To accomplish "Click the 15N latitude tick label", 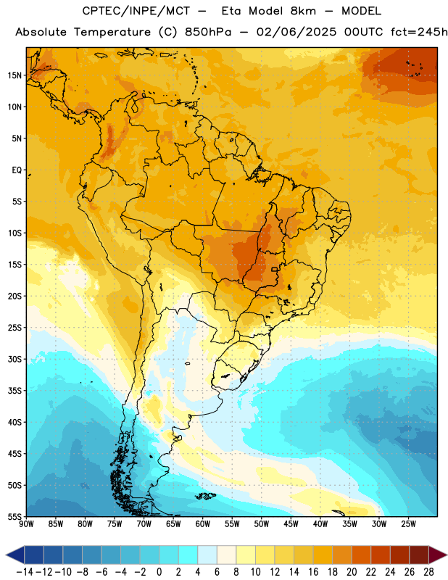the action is click(x=14, y=75).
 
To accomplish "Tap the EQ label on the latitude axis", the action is click(x=17, y=170).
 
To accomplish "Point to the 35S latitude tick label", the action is click(x=14, y=391).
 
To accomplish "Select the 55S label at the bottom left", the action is click(x=14, y=516).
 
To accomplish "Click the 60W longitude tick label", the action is click(x=203, y=524).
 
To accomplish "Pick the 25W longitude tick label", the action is click(x=408, y=524).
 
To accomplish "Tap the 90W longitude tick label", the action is click(x=26, y=524).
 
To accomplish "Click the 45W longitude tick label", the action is click(x=291, y=524).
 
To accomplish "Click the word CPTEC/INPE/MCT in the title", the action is click(x=136, y=11).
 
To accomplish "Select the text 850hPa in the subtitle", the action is click(x=208, y=32).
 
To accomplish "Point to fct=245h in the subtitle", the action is click(x=419, y=32).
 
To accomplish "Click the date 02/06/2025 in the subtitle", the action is click(x=296, y=32).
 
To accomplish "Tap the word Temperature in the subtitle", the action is click(x=112, y=32).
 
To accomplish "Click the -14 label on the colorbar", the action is click(x=25, y=572).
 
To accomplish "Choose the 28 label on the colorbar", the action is click(x=428, y=572).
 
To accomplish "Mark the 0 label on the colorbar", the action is click(x=159, y=572).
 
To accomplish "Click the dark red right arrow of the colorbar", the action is click(x=438, y=555).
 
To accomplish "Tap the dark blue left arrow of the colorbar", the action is click(x=15, y=555).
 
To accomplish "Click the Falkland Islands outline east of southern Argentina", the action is click(x=205, y=496).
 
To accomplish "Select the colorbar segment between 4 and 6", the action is click(x=207, y=555).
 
